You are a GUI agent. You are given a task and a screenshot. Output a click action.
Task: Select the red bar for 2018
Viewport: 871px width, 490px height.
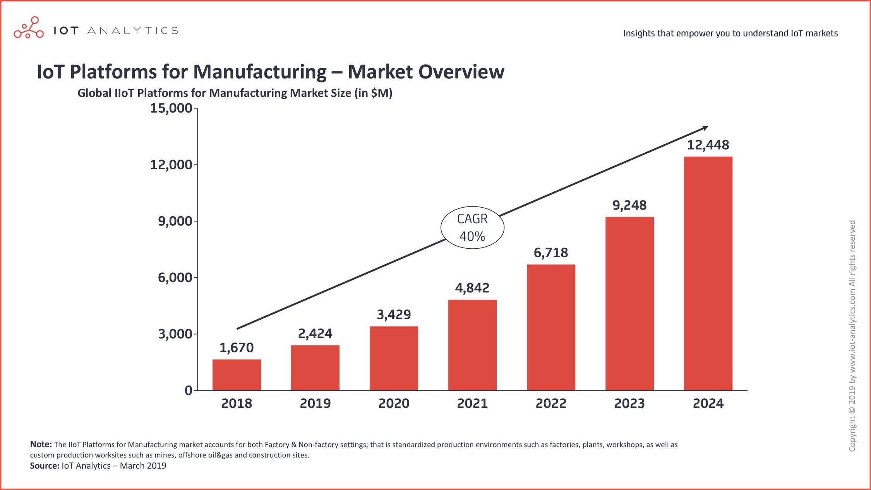click(x=237, y=375)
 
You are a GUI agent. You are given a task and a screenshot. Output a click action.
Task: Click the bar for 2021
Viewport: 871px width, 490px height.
click(x=472, y=345)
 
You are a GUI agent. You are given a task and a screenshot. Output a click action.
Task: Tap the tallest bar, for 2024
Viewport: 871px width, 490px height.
click(x=708, y=273)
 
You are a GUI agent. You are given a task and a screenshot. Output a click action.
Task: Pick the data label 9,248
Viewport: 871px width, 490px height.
click(x=629, y=205)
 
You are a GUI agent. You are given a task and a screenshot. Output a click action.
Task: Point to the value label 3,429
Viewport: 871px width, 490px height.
click(x=394, y=315)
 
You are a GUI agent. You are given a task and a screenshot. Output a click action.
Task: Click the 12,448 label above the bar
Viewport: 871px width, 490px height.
click(x=708, y=145)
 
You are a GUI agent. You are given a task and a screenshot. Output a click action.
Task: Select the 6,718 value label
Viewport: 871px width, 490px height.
click(x=550, y=253)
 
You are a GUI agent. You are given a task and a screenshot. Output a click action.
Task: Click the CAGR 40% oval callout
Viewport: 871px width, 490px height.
click(x=472, y=227)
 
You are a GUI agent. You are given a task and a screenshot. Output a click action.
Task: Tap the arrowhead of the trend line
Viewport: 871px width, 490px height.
click(x=705, y=128)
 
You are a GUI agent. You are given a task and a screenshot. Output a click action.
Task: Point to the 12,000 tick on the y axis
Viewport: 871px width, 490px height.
click(x=171, y=165)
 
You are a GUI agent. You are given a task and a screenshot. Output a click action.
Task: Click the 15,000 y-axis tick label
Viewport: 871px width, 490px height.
click(x=171, y=108)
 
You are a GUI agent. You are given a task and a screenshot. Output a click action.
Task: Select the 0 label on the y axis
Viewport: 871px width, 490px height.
click(x=188, y=390)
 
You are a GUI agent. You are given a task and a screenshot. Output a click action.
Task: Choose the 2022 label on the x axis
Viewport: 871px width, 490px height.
click(x=550, y=404)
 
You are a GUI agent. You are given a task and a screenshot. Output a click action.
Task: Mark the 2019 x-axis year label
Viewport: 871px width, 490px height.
click(x=315, y=404)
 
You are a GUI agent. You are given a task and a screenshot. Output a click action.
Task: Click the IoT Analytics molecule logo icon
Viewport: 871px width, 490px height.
click(x=29, y=28)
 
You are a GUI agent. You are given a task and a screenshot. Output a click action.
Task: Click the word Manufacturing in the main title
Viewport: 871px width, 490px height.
click(x=260, y=72)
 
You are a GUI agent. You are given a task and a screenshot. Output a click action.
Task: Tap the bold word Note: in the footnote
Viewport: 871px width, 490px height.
click(x=41, y=444)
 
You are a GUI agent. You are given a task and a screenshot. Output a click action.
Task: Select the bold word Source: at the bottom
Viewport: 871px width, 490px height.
click(x=45, y=466)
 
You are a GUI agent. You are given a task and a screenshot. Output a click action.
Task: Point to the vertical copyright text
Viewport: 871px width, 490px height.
click(x=852, y=335)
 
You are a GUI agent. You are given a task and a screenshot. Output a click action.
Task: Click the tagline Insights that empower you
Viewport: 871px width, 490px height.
click(x=730, y=33)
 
